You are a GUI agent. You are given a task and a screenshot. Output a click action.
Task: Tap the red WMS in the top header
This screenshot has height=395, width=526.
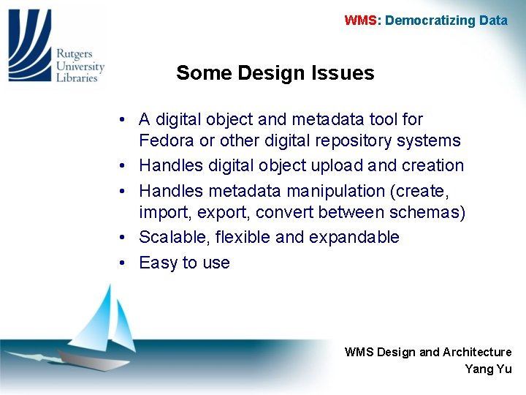(361, 20)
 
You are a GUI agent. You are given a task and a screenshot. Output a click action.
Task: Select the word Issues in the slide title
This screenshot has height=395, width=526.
(342, 73)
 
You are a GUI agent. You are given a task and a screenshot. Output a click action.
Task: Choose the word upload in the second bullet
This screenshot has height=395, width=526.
(330, 165)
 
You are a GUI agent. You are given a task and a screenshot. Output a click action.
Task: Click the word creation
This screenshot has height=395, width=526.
(432, 165)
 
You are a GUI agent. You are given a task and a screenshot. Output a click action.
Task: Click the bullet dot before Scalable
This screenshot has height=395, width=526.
(126, 238)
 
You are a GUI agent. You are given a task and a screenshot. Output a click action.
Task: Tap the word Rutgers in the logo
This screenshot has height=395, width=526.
(75, 53)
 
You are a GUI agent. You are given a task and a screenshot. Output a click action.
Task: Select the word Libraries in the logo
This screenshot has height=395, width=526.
(77, 78)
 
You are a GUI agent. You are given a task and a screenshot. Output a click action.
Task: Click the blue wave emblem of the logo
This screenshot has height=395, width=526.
(29, 44)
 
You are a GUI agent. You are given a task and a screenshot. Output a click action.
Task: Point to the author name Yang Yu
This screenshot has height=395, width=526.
(488, 369)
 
